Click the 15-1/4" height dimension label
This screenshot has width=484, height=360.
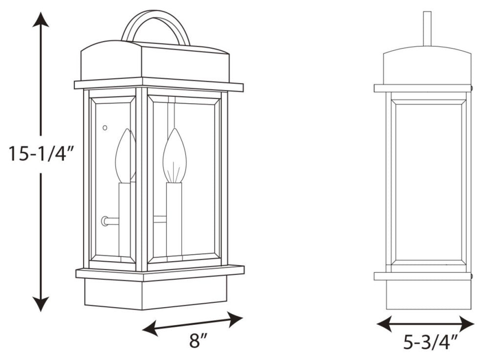coord(40,154)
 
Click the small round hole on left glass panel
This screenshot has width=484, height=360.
coord(105,128)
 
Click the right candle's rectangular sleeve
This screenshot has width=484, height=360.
coord(174,218)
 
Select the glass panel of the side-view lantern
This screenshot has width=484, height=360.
coord(428,181)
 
